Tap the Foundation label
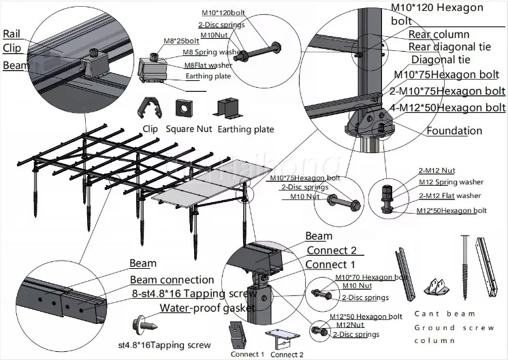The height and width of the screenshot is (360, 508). point(464,131)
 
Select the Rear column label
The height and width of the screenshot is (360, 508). point(439,34)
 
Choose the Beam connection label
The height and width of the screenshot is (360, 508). point(172,280)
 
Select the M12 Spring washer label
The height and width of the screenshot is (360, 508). point(451,182)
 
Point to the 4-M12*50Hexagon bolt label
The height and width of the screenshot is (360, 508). point(449,108)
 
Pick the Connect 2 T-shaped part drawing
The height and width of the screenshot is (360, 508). point(283,338)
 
